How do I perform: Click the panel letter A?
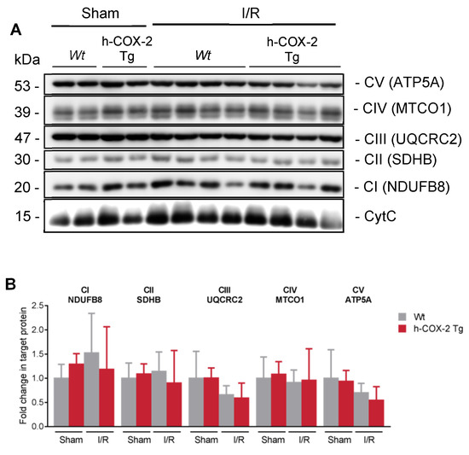tap(14, 27)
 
